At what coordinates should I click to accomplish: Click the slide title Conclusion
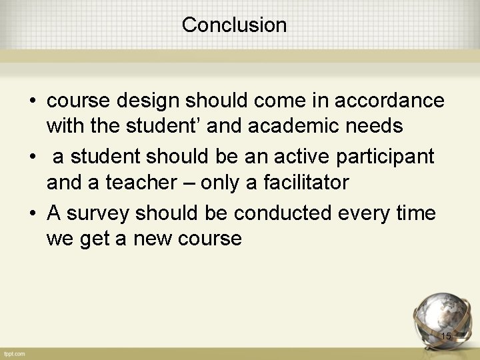coord(234,25)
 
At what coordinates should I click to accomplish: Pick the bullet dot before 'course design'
coord(32,101)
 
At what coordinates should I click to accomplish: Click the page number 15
coord(445,336)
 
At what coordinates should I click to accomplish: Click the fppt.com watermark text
coord(13,353)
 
